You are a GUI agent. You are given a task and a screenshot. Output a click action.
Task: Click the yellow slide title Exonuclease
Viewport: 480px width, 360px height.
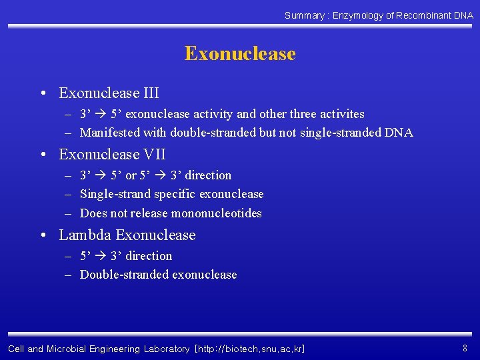240,53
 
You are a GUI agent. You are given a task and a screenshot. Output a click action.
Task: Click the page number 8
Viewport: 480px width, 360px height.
465,348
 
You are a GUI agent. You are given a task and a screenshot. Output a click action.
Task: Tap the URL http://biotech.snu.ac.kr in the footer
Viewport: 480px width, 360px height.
250,349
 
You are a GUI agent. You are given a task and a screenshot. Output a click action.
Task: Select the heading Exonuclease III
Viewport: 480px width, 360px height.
109,93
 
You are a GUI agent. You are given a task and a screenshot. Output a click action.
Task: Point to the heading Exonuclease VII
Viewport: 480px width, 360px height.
112,155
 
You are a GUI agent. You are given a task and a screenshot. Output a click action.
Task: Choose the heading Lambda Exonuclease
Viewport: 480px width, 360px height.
127,235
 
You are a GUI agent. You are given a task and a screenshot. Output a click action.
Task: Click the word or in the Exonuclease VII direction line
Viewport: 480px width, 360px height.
131,175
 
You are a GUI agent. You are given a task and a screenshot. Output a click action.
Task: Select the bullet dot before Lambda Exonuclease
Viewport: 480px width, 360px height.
44,235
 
